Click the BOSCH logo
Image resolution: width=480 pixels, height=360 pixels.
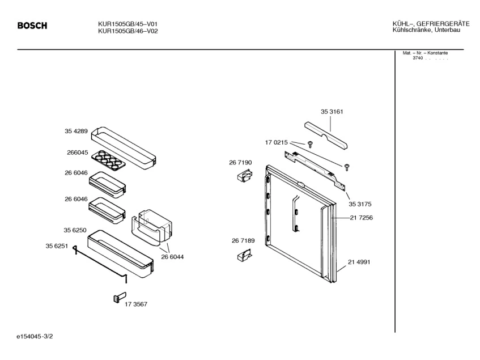[x=32, y=26]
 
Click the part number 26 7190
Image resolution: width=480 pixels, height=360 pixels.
[x=240, y=163]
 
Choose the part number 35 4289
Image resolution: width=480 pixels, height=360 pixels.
[x=76, y=131]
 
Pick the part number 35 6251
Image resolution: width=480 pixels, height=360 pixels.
[x=57, y=245]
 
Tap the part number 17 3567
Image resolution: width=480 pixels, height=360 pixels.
[x=136, y=304]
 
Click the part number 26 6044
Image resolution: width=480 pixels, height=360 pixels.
[x=172, y=257]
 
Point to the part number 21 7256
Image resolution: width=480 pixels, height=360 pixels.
[x=361, y=218]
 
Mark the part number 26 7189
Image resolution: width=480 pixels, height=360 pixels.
[x=243, y=241]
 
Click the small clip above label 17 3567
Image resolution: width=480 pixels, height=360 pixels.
[x=118, y=297]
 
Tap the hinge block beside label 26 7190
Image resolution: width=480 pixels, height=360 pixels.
[x=243, y=177]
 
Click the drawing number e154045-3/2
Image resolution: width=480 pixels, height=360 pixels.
[x=37, y=337]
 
